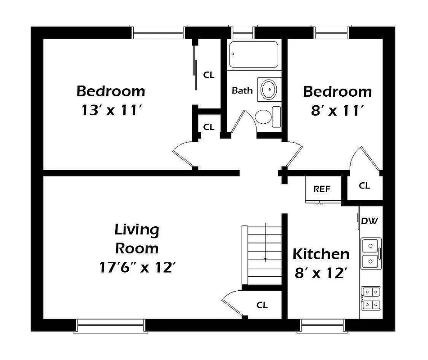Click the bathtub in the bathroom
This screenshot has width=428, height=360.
click(253, 54)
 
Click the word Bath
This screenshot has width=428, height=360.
click(242, 90)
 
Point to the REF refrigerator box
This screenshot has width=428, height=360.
click(321, 189)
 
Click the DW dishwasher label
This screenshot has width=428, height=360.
click(370, 221)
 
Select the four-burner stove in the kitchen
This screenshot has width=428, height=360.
click(371, 298)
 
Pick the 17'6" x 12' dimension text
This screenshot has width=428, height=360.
click(137, 268)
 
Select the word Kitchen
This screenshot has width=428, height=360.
click(321, 254)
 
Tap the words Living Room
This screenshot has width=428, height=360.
click(137, 238)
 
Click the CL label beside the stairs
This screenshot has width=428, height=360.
click(262, 305)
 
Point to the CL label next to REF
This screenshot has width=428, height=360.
click(365, 185)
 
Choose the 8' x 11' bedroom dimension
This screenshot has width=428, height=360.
click(337, 111)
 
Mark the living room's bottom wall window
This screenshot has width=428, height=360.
click(111, 325)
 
